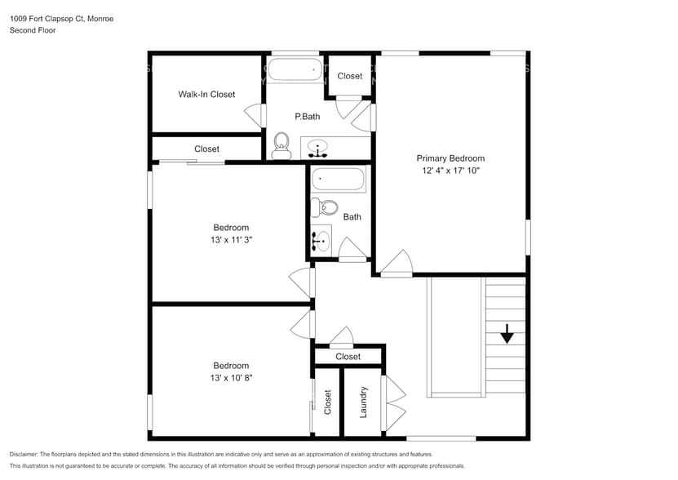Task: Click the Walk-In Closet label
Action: point(206,95)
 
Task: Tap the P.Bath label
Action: point(307,117)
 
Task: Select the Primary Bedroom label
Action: point(450,158)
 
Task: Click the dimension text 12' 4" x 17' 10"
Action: point(450,171)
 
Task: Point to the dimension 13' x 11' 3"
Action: point(231,240)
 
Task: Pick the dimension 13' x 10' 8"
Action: point(231,378)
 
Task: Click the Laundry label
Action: point(363,402)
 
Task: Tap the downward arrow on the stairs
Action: point(507,333)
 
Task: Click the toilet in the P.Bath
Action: point(281,144)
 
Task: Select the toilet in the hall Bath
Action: point(326,207)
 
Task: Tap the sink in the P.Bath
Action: point(318,149)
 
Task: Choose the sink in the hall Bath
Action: point(321,240)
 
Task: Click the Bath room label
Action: point(352,217)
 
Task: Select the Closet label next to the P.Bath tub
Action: point(349,76)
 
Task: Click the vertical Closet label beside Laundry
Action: point(328,402)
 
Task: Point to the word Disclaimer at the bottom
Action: point(24,454)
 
